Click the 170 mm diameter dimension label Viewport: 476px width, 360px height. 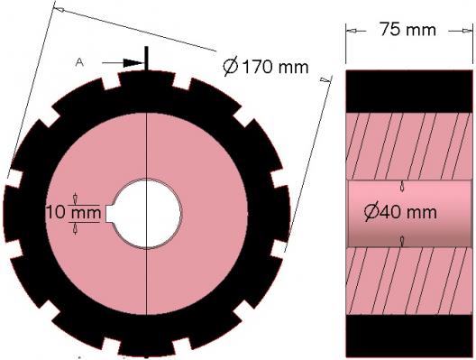click(266, 67)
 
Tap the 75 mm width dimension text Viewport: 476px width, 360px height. click(407, 30)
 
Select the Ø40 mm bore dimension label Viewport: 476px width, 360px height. click(400, 212)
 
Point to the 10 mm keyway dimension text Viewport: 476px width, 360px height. click(73, 212)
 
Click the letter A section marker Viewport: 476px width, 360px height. click(79, 62)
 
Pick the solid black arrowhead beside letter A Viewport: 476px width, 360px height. click(133, 63)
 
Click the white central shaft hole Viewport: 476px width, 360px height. click(147, 214)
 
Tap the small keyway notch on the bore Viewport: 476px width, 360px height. click(110, 214)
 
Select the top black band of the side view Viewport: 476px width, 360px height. click(409, 91)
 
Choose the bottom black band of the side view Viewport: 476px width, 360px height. click(409, 336)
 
